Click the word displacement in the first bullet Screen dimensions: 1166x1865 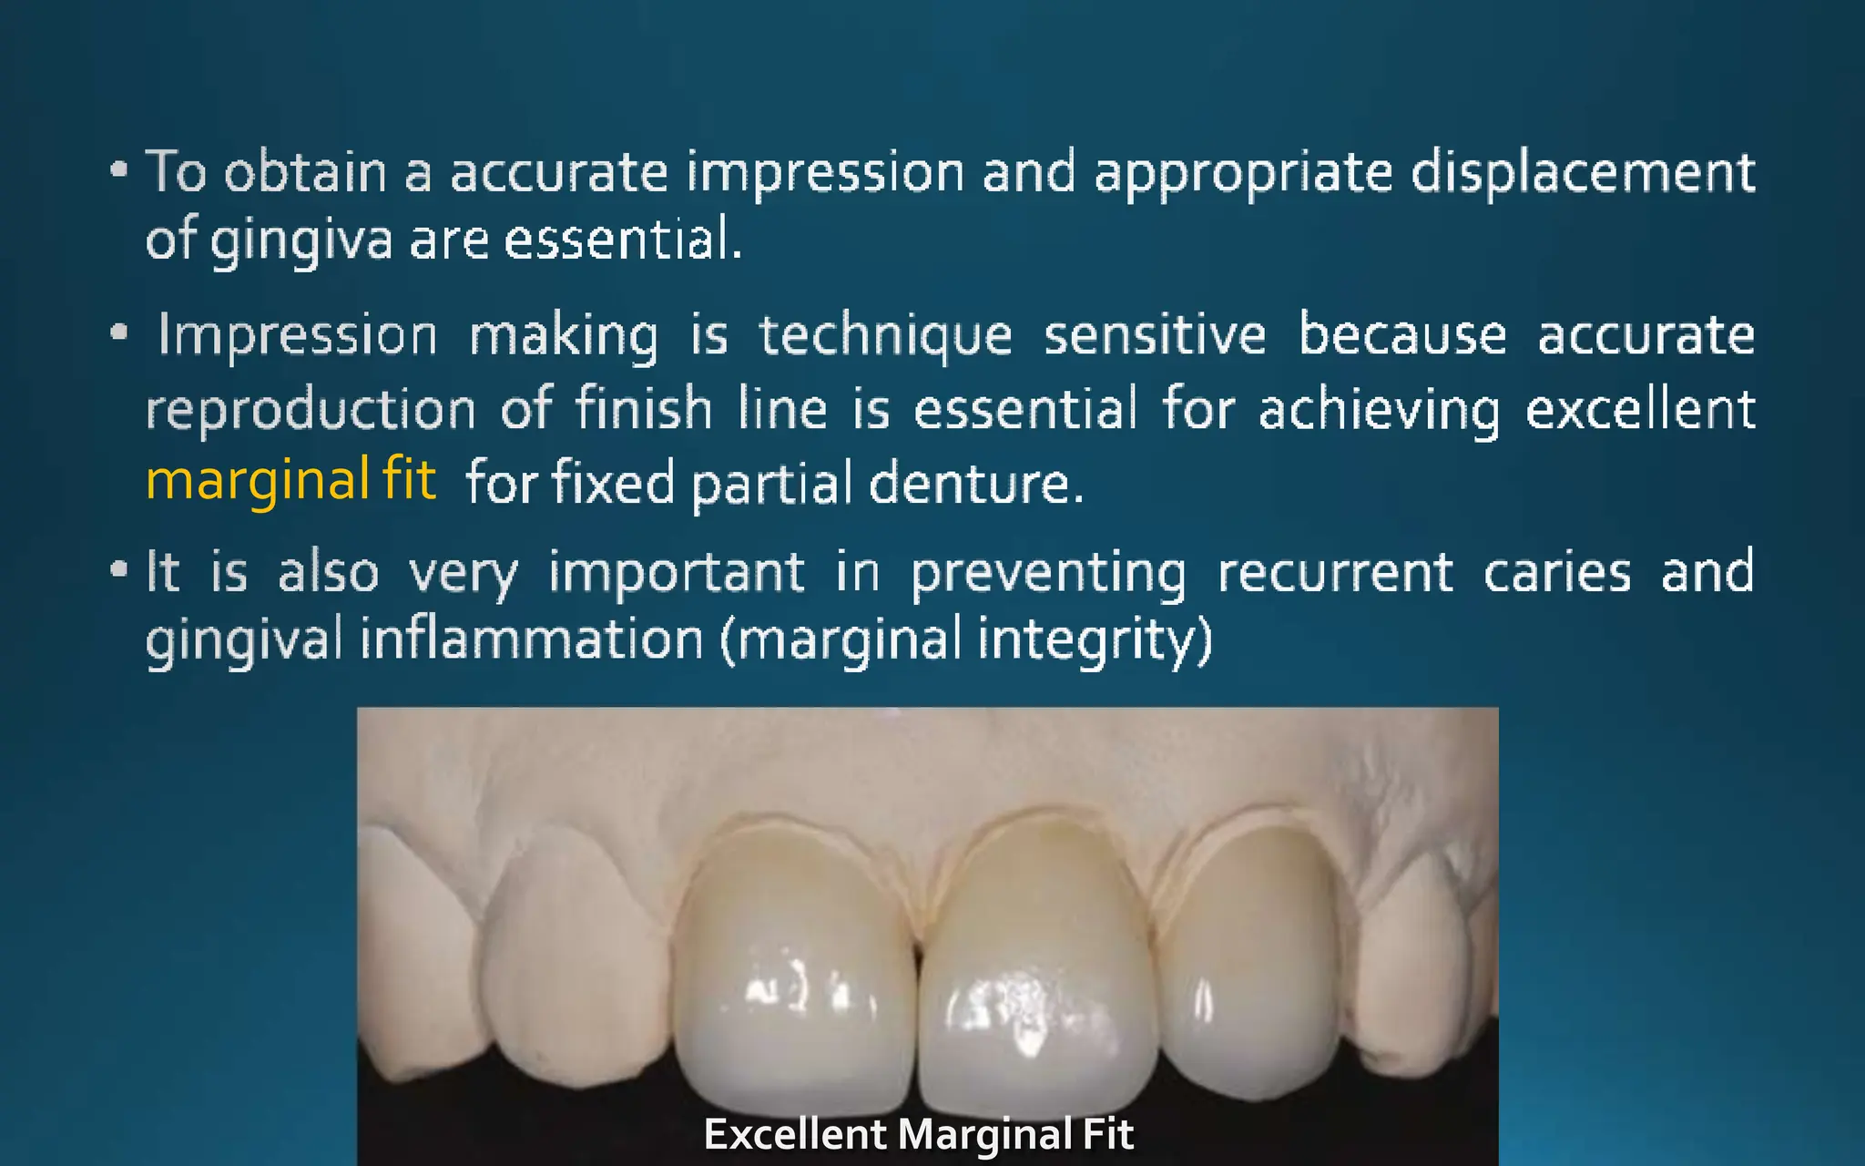click(1583, 172)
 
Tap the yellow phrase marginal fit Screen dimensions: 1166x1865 click(290, 480)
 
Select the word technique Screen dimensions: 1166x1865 click(885, 335)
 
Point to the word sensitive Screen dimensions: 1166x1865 click(1155, 335)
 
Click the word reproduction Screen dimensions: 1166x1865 click(311, 409)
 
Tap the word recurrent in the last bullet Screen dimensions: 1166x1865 click(1335, 573)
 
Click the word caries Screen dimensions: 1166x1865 click(1556, 573)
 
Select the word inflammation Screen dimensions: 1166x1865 click(532, 639)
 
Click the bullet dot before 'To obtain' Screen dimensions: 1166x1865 click(118, 169)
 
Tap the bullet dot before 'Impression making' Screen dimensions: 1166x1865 click(118, 333)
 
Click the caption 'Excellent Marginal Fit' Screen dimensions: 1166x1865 click(919, 1135)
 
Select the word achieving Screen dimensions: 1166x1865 click(1379, 409)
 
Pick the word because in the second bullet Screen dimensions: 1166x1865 click(1402, 335)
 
